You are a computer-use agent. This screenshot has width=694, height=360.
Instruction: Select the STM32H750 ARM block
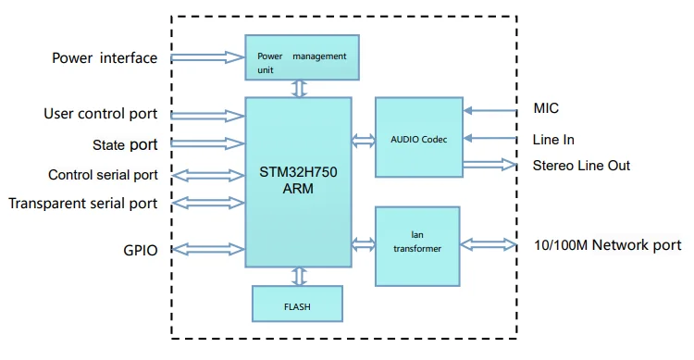[x=298, y=181]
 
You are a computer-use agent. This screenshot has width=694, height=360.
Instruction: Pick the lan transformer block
[x=418, y=246]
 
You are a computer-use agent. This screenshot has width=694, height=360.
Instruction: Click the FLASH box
[x=298, y=303]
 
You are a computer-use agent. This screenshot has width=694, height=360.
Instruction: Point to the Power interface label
[x=104, y=58]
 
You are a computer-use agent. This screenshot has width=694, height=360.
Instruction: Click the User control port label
[x=100, y=114]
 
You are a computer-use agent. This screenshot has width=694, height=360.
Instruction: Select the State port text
[x=125, y=144]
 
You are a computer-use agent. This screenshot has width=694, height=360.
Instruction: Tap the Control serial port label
[x=103, y=175]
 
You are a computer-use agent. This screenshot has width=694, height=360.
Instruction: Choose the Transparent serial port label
[x=83, y=203]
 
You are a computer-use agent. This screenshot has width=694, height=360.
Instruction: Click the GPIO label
[x=140, y=249]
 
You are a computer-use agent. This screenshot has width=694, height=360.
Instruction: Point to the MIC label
[x=547, y=109]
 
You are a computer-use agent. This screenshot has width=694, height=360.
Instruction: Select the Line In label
[x=553, y=140]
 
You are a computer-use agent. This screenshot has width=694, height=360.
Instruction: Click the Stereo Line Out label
[x=581, y=165]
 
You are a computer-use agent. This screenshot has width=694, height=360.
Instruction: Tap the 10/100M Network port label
[x=607, y=245]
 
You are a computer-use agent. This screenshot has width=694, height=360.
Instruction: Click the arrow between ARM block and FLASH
[x=298, y=276]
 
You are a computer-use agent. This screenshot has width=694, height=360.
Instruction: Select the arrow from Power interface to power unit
[x=207, y=57]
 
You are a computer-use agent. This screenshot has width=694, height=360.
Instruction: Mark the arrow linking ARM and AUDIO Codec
[x=363, y=140]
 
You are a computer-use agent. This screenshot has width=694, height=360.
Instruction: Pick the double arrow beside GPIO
[x=207, y=248]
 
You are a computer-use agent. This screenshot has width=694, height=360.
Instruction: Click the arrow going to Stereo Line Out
[x=490, y=165]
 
